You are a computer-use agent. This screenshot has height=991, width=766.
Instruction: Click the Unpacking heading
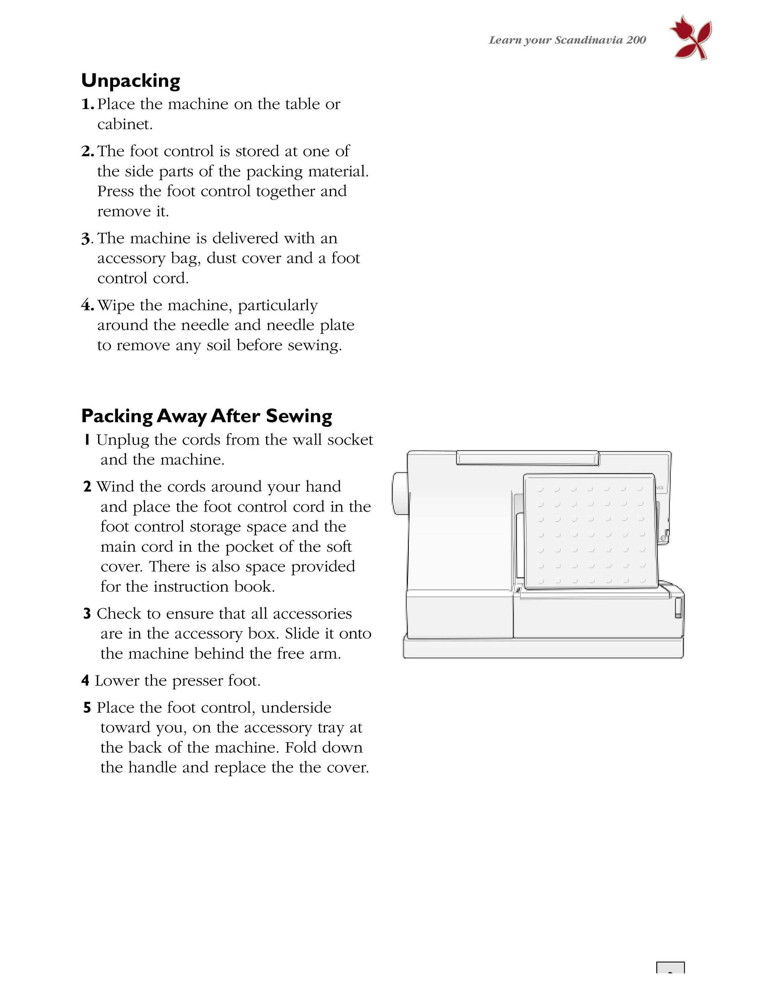tap(131, 81)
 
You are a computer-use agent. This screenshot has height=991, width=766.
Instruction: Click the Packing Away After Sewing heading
tap(207, 416)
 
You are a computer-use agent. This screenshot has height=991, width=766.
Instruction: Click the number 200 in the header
tap(636, 40)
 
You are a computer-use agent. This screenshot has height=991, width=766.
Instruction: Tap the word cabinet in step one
tap(125, 124)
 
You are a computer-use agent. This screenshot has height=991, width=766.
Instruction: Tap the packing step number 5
tap(87, 707)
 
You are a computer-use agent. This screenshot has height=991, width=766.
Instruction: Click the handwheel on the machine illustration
tap(400, 493)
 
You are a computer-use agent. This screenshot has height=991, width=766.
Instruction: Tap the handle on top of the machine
tap(527, 458)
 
